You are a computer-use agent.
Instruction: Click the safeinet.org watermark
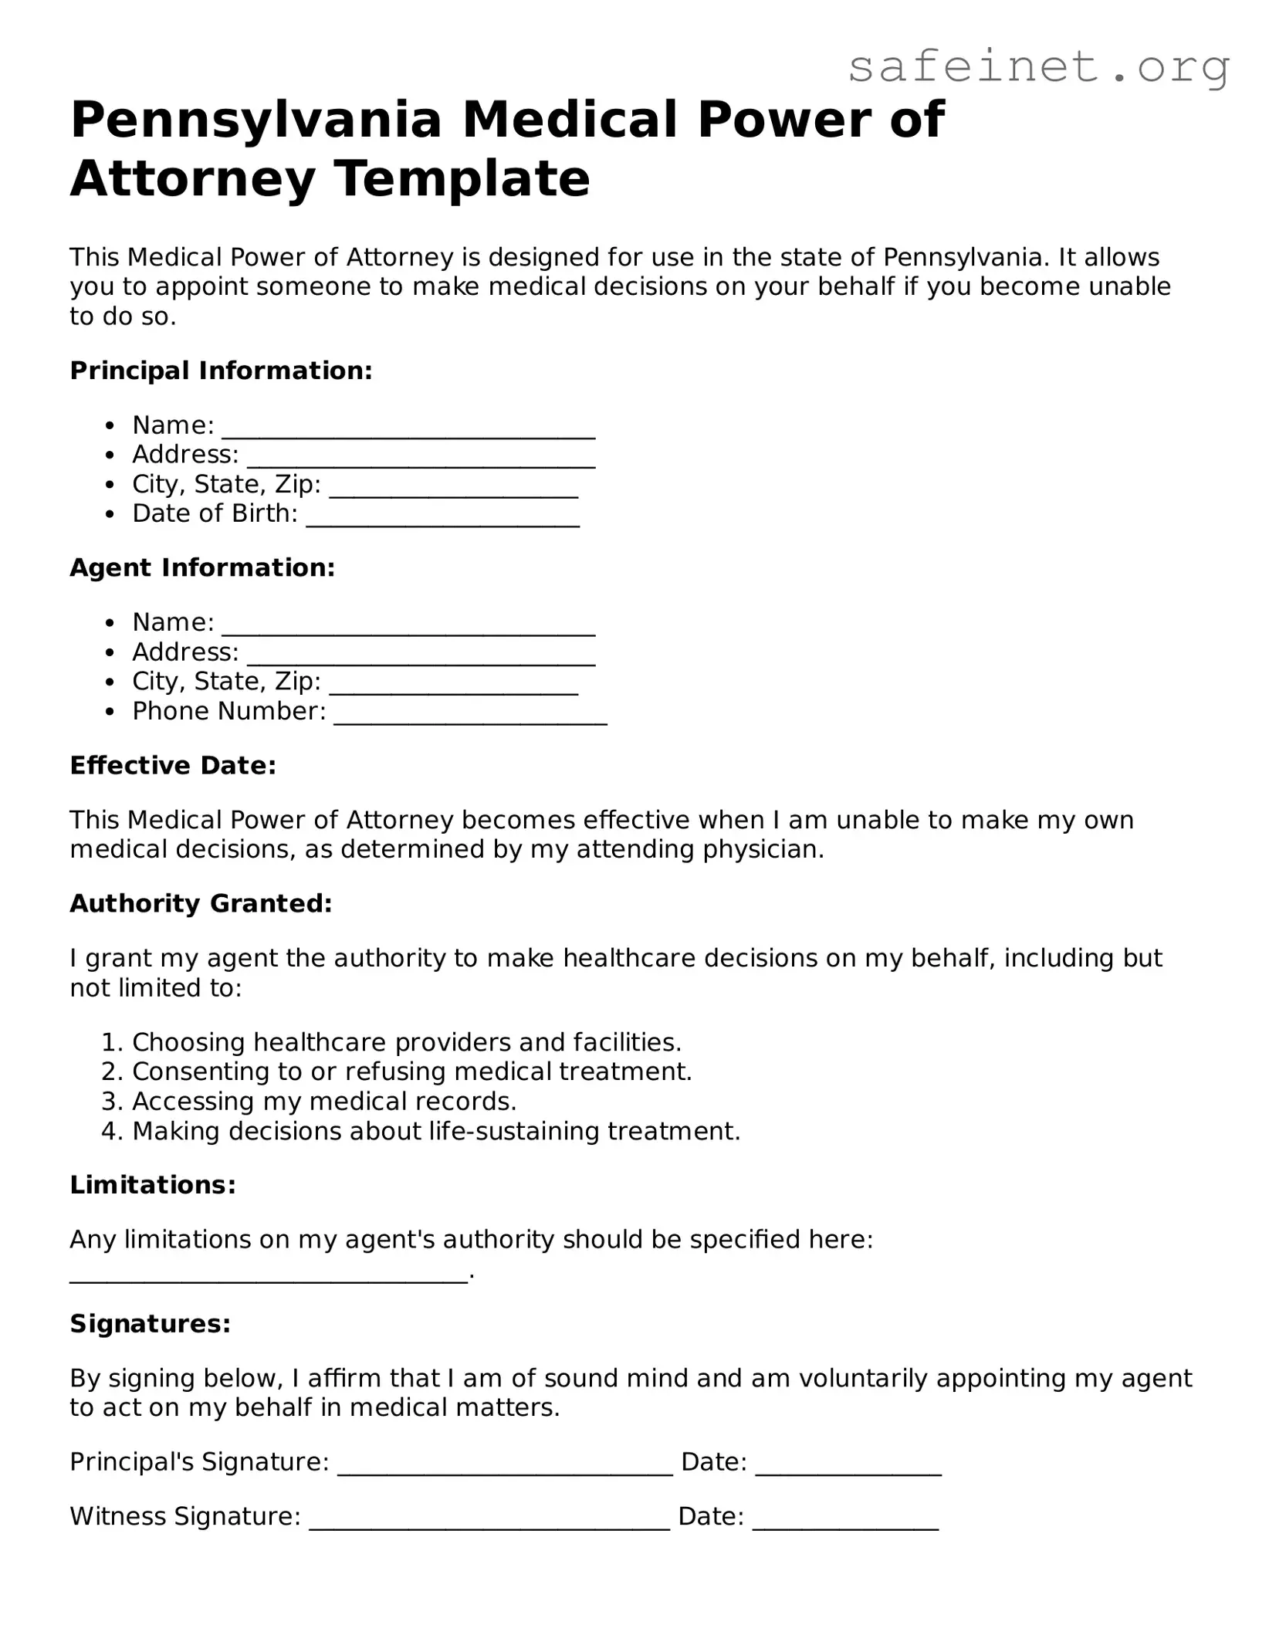click(x=1038, y=68)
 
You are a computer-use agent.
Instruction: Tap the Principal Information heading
click(x=221, y=371)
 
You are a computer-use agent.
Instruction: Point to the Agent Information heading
click(x=202, y=567)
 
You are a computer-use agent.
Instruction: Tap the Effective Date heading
click(x=173, y=765)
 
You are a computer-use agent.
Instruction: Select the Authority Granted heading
click(x=201, y=903)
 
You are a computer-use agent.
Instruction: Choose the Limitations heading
click(x=153, y=1185)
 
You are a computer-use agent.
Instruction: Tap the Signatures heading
click(x=151, y=1324)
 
